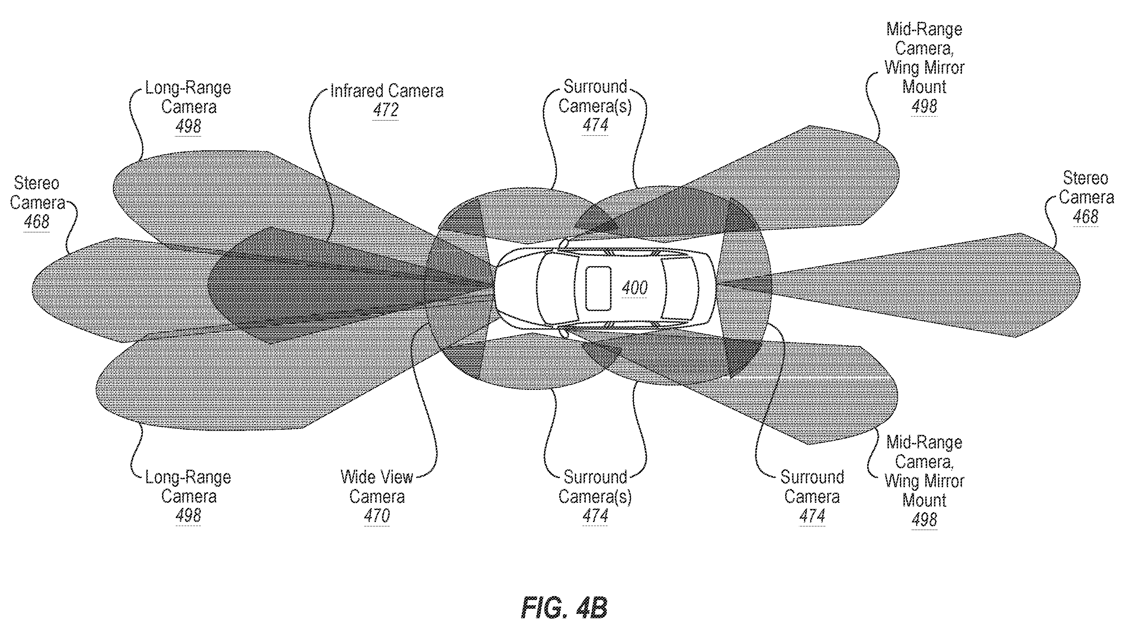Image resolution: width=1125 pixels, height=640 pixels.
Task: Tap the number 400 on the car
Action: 634,288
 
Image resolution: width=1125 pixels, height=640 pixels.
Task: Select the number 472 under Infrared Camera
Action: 386,110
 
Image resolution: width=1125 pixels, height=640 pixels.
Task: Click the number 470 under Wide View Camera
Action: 377,515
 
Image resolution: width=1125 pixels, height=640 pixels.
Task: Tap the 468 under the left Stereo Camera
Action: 36,221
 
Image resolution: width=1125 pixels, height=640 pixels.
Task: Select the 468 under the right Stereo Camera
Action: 1085,217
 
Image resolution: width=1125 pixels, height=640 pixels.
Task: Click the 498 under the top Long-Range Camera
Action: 188,127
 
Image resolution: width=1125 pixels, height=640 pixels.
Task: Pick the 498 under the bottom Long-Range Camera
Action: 188,515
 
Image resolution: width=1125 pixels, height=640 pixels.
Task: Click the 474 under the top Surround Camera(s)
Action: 595,125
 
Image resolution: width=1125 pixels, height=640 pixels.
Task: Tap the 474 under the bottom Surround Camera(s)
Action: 595,515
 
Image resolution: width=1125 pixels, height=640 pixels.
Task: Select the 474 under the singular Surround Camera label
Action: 812,515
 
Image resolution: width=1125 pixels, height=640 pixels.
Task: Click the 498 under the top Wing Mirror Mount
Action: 924,106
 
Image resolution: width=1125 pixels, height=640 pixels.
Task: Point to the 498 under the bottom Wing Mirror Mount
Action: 924,520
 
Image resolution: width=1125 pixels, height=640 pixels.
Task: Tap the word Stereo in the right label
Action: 1085,178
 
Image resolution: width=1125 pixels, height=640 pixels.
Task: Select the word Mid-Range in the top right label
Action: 924,29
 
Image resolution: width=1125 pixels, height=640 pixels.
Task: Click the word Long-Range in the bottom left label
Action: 188,477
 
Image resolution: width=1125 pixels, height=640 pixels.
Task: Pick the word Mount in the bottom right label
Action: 924,501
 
